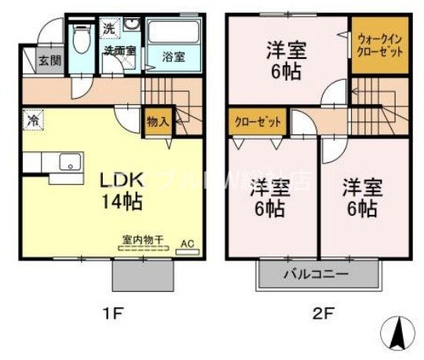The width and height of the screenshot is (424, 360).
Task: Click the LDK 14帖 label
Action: click(119, 190)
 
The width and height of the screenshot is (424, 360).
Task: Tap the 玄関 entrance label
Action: click(35, 57)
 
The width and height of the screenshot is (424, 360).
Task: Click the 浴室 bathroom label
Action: click(173, 57)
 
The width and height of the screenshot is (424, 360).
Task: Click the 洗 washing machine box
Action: click(110, 29)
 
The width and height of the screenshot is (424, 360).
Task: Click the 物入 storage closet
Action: click(157, 122)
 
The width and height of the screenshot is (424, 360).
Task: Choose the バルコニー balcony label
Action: click(315, 275)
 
